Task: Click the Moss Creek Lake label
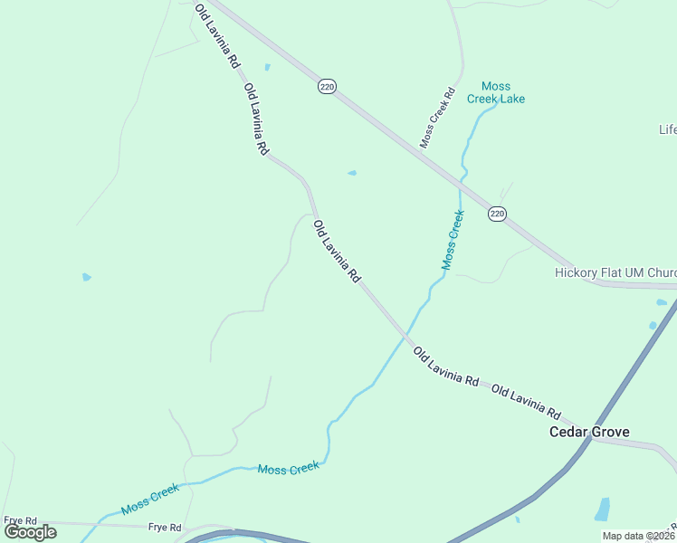click(496, 92)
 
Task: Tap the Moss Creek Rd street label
click(436, 118)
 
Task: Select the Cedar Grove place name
click(589, 432)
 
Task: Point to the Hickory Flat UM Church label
click(615, 272)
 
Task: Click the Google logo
click(31, 531)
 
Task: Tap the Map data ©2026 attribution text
click(638, 536)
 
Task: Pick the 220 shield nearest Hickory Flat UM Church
click(497, 214)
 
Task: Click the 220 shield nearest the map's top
click(327, 87)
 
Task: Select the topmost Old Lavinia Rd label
click(216, 36)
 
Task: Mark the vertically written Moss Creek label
click(453, 240)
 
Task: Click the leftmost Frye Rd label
click(19, 520)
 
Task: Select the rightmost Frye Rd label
click(165, 528)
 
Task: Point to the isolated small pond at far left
click(86, 277)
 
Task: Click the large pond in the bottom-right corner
click(603, 509)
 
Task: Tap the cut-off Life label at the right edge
click(667, 129)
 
